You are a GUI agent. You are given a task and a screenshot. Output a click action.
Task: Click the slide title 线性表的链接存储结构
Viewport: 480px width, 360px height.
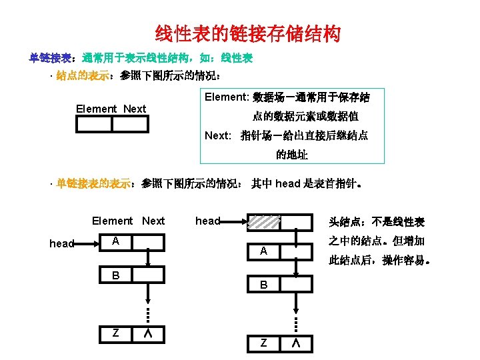[247, 33]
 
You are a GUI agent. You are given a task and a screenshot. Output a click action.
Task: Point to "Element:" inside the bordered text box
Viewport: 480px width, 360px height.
[226, 97]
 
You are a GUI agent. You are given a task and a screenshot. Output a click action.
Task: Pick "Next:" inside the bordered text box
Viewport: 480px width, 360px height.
[218, 135]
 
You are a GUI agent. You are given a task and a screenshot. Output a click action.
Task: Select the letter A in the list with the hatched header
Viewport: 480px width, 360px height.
[263, 251]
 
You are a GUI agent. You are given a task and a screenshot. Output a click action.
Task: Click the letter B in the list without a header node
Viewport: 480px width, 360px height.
[115, 275]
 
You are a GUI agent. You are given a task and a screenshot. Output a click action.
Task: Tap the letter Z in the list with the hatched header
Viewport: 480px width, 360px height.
[263, 343]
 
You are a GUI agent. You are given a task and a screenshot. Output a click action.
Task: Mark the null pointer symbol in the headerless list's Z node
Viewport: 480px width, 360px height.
[147, 333]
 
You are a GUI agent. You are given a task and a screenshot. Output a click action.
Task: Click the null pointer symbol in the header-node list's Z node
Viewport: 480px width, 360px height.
[295, 343]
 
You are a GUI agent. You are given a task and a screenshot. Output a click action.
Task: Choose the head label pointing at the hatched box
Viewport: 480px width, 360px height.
[207, 221]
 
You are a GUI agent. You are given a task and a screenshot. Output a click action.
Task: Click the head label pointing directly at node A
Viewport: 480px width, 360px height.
[62, 244]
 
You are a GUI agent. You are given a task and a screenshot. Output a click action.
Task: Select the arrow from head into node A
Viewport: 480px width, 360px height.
[87, 244]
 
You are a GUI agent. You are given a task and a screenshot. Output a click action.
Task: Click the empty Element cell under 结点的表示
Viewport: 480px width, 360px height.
[94, 124]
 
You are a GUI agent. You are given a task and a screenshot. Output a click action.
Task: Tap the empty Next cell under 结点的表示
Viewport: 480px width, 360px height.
[129, 124]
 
